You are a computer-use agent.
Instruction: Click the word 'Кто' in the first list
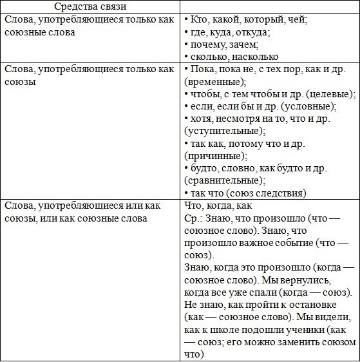coord(200,19)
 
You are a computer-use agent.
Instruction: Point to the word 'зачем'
coord(242,45)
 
